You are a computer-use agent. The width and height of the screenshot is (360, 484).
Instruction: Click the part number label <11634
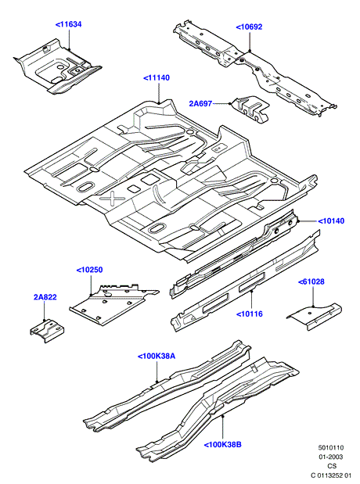[x=68, y=24]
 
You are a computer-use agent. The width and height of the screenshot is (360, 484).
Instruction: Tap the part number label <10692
[x=249, y=27]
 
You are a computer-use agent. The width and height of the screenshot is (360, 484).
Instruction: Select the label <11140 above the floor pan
[x=157, y=77]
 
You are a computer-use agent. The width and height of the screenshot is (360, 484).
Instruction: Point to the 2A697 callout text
[x=200, y=104]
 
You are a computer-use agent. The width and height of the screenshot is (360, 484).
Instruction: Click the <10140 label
[x=331, y=221]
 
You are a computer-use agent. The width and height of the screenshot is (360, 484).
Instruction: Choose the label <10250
[x=90, y=270]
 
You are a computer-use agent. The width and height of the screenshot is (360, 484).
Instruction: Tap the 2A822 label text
[x=45, y=297]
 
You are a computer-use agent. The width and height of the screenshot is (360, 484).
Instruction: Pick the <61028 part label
[x=311, y=281]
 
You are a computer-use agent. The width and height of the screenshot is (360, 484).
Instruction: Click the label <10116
[x=250, y=314]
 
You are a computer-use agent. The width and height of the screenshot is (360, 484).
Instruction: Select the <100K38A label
[x=157, y=357]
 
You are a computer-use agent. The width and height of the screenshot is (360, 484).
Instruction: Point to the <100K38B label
[x=222, y=445]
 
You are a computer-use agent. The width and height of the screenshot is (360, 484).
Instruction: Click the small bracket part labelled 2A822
[x=47, y=331]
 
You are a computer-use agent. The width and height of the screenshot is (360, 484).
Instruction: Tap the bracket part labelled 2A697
[x=250, y=109]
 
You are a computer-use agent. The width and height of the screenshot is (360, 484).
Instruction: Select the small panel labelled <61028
[x=315, y=316]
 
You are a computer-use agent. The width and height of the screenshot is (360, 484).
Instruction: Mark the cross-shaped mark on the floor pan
[x=112, y=199]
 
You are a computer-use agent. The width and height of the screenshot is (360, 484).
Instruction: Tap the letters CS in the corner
[x=332, y=466]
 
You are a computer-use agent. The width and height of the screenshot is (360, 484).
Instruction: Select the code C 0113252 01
[x=331, y=475]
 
